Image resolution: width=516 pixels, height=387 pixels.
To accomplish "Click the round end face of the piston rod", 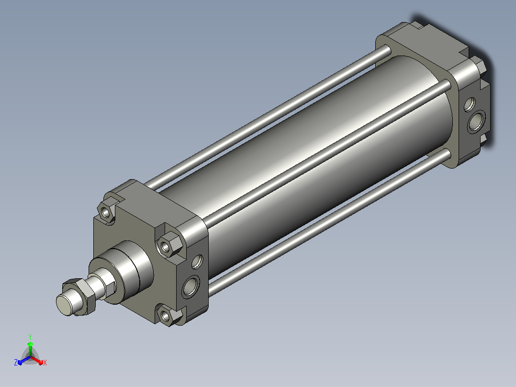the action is click(x=64, y=305).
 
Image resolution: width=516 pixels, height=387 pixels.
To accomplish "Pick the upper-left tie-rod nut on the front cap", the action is click(x=106, y=212).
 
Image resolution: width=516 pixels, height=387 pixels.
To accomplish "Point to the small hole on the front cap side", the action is click(x=197, y=262).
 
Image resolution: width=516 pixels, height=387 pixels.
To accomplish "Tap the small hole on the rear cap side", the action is click(x=469, y=104).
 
